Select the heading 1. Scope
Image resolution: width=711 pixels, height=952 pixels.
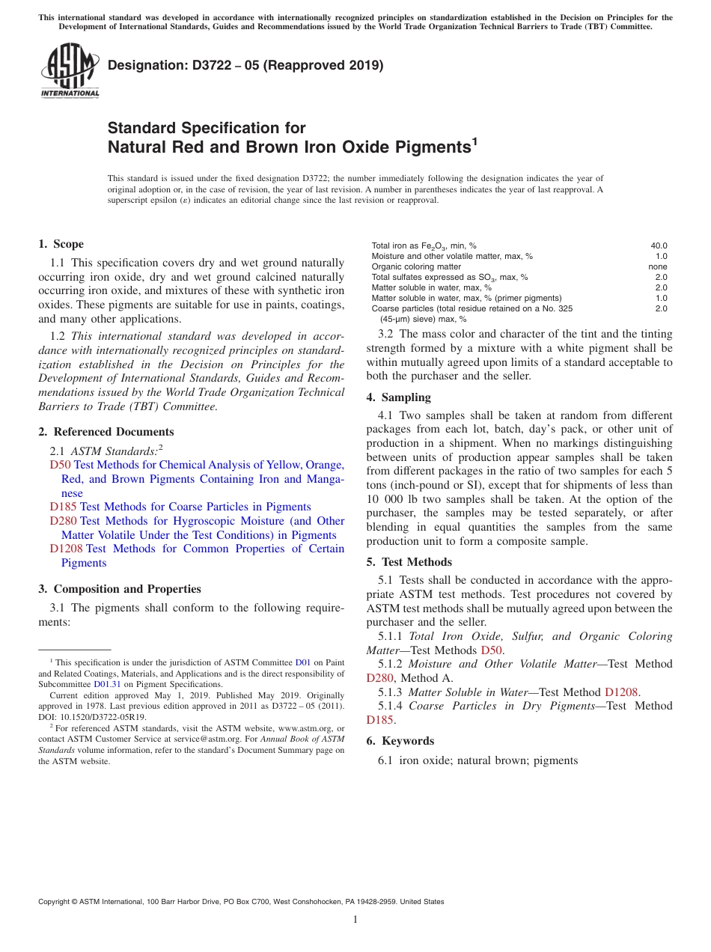(x=61, y=244)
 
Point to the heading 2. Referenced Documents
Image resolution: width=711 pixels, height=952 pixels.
(x=106, y=432)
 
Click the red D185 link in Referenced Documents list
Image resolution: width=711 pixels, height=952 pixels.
(x=64, y=507)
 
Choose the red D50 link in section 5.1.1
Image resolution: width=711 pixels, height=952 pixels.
(x=491, y=650)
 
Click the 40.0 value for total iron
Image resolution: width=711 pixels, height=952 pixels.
(x=659, y=245)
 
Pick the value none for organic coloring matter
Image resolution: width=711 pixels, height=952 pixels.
(x=658, y=266)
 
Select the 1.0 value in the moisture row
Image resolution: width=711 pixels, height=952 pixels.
(x=662, y=256)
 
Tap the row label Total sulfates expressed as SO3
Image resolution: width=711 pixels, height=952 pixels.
(x=449, y=277)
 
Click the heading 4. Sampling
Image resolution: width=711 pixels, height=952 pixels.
(x=399, y=397)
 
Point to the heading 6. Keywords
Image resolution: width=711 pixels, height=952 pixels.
(x=400, y=741)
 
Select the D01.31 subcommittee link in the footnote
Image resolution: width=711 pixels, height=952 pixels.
(x=106, y=683)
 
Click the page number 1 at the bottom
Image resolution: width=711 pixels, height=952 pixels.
(x=355, y=920)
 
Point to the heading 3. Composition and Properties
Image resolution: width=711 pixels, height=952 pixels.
(x=120, y=589)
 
